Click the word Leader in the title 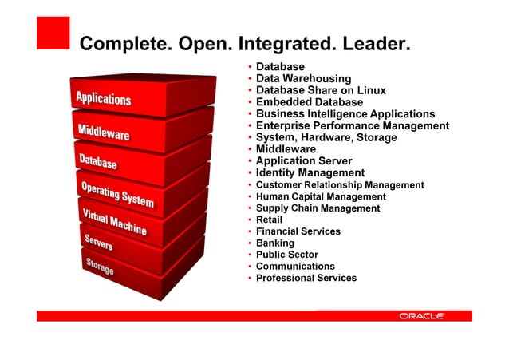pyautogui.click(x=376, y=42)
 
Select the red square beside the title pyautogui.click(x=53, y=33)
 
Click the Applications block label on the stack pyautogui.click(x=103, y=99)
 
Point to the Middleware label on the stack pyautogui.click(x=104, y=133)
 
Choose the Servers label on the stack pyautogui.click(x=98, y=243)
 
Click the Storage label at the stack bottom pyautogui.click(x=99, y=267)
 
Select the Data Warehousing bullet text pyautogui.click(x=303, y=79)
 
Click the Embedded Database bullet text pyautogui.click(x=309, y=102)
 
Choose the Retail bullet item pyautogui.click(x=269, y=220)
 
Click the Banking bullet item pyautogui.click(x=274, y=243)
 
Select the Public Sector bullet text pyautogui.click(x=286, y=255)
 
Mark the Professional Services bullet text pyautogui.click(x=306, y=278)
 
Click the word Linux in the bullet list pyautogui.click(x=371, y=90)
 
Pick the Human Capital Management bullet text pyautogui.click(x=320, y=196)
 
